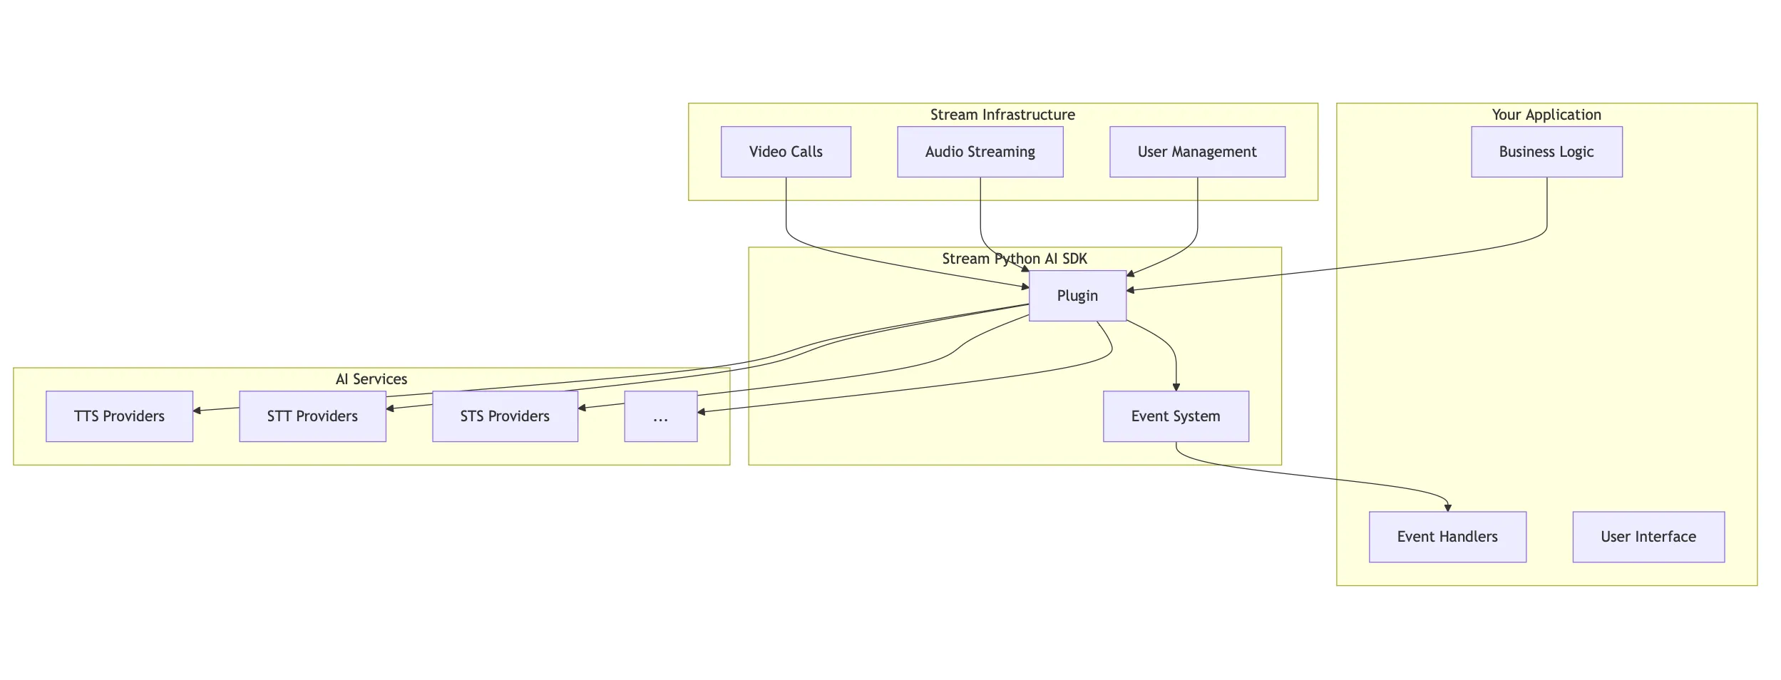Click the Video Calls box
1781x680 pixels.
786,152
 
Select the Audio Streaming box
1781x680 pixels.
980,152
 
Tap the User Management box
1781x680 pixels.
1197,152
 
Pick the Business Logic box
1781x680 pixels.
1546,152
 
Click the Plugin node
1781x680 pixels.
1077,296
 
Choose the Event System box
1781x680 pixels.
1176,416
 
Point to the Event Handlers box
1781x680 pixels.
1447,537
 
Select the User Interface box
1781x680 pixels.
1648,537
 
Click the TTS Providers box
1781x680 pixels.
119,416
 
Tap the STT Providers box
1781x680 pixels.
312,416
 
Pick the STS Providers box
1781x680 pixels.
505,416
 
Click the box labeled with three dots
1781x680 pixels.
660,416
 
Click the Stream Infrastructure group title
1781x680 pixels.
1002,115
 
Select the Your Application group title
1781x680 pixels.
1546,115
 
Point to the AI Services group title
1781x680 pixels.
371,379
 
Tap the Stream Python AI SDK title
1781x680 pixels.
1015,259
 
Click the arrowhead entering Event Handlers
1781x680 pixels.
1447,508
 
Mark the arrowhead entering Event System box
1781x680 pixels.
1176,387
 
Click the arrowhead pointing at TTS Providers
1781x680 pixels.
197,411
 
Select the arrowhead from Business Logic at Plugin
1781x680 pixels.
1131,290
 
